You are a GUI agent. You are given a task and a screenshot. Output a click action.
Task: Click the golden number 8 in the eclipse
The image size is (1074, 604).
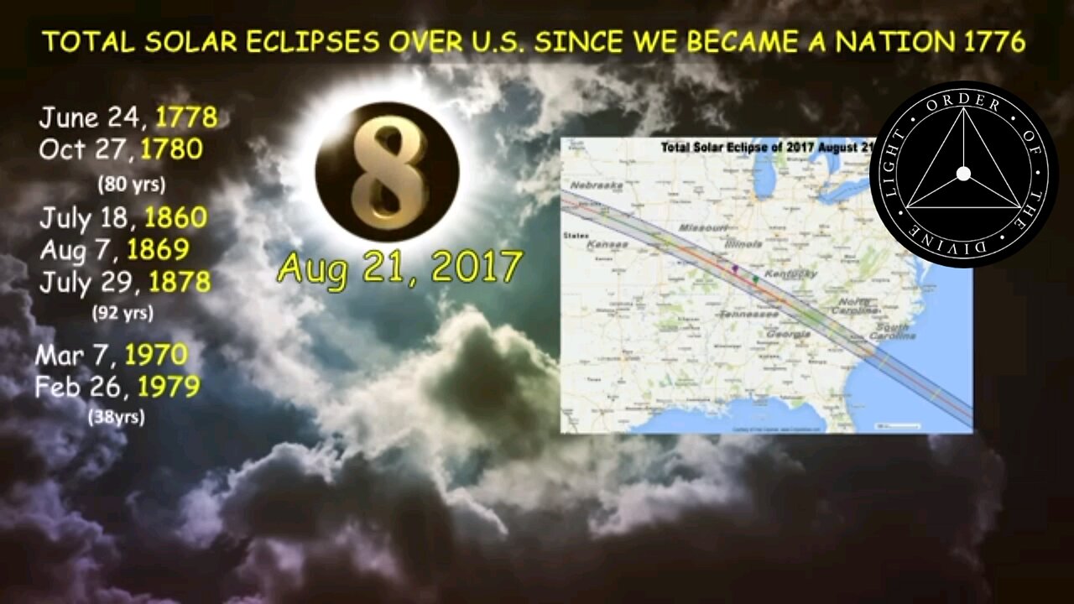pos(387,172)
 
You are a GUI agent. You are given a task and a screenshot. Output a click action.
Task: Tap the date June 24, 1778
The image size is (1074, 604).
pos(128,117)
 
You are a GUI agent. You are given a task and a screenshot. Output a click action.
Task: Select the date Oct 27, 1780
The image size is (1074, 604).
pos(121,149)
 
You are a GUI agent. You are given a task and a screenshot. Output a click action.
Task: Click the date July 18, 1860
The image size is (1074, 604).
pos(123,218)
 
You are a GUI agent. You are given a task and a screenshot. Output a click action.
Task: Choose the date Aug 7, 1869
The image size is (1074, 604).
pos(114,249)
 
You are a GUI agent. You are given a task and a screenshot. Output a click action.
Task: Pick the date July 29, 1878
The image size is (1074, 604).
pos(124,281)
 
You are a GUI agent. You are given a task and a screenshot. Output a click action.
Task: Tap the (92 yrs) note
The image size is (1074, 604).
pos(123,313)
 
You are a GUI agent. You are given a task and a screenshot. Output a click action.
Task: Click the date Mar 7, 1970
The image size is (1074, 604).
pos(111,354)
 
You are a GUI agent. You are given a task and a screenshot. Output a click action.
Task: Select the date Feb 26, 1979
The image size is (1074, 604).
pos(117,387)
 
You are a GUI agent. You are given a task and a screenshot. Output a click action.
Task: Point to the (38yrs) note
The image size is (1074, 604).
pos(116,416)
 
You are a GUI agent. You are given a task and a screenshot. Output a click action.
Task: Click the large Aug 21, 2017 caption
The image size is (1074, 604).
pos(400,268)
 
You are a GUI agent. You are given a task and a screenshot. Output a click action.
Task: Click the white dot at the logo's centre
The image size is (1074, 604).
pos(963,174)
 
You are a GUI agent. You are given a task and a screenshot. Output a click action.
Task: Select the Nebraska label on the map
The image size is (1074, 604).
pos(597,185)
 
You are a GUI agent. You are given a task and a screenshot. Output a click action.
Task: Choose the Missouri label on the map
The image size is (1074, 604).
pos(702,228)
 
